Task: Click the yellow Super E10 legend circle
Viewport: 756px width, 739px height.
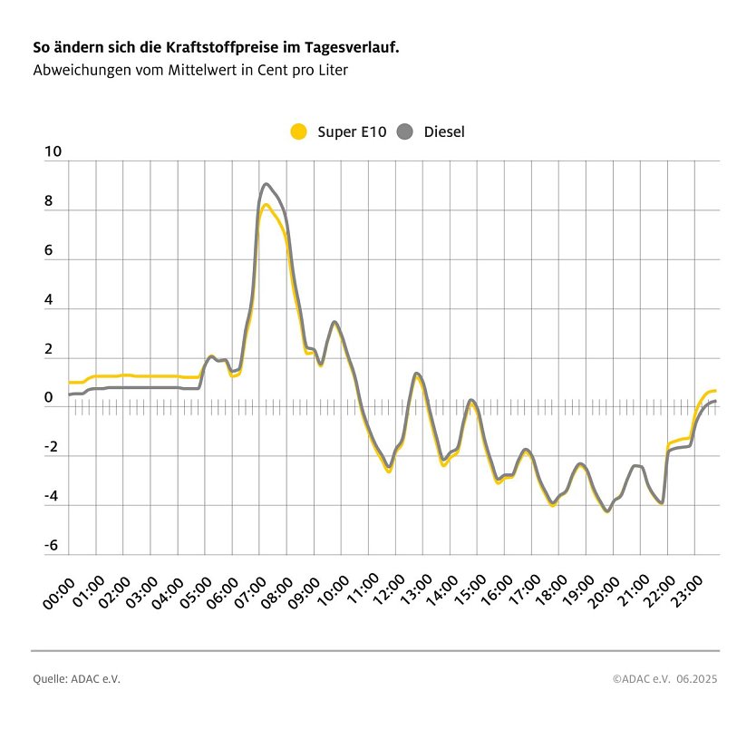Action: pyautogui.click(x=299, y=131)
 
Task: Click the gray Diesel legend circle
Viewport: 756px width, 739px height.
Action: pyautogui.click(x=405, y=131)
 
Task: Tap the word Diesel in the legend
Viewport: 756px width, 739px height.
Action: pyautogui.click(x=444, y=132)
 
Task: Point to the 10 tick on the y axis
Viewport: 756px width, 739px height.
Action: pyautogui.click(x=53, y=153)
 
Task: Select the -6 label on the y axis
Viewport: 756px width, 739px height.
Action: pyautogui.click(x=52, y=546)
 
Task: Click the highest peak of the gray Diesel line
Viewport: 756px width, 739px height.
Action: pyautogui.click(x=266, y=184)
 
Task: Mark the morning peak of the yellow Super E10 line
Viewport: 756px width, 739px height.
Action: pyautogui.click(x=266, y=205)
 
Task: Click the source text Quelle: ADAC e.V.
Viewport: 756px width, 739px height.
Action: pyautogui.click(x=76, y=678)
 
